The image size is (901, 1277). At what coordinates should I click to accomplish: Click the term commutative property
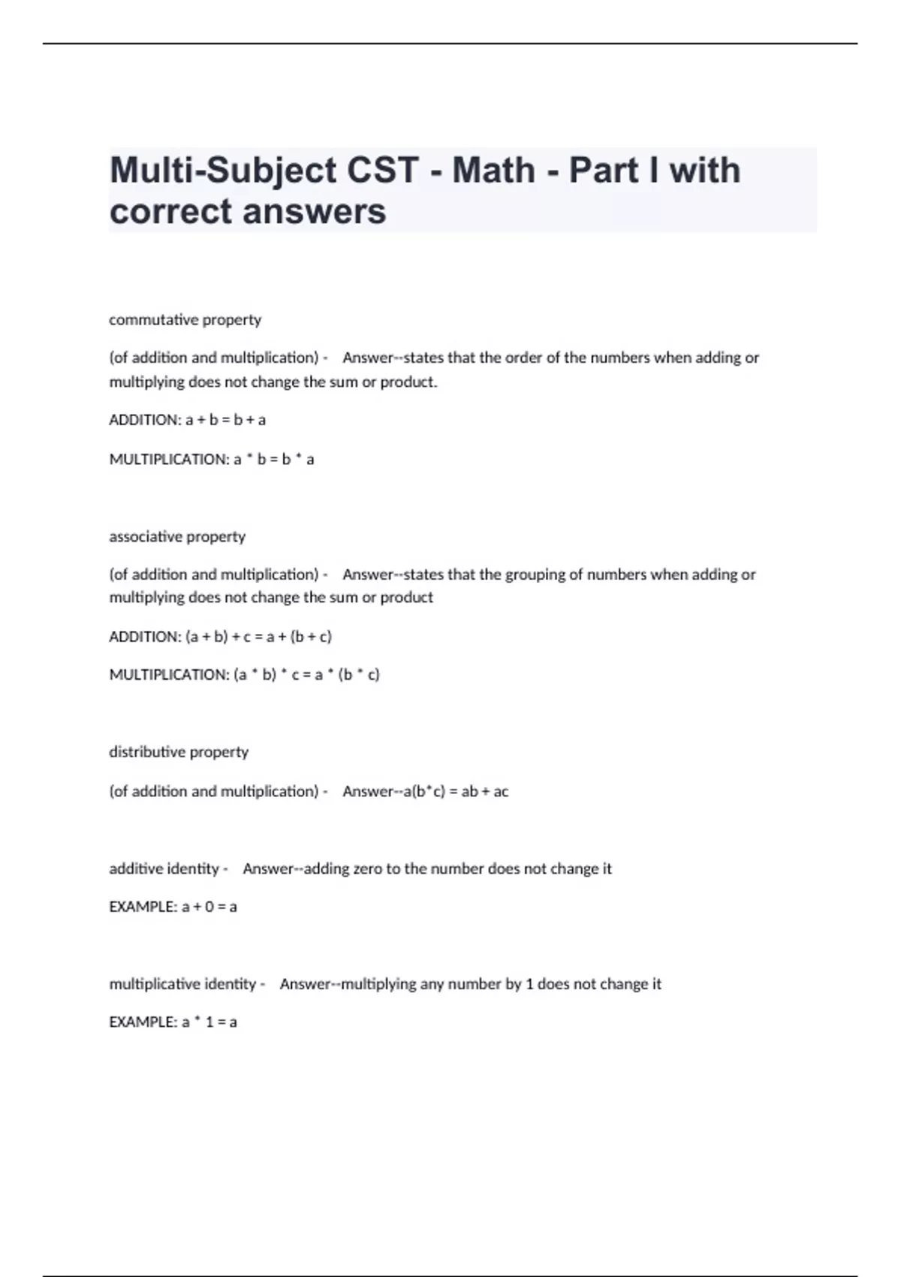click(x=185, y=320)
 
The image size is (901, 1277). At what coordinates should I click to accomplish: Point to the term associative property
click(x=177, y=536)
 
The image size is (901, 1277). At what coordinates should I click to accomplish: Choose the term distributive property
click(x=179, y=752)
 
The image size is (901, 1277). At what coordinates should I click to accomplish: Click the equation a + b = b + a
click(x=225, y=420)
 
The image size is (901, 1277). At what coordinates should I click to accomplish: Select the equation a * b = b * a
click(x=274, y=459)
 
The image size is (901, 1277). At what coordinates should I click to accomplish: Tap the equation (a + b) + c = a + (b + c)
click(x=258, y=636)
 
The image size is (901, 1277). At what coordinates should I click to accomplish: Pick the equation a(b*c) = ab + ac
click(x=456, y=791)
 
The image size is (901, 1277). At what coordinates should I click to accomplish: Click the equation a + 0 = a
click(x=209, y=907)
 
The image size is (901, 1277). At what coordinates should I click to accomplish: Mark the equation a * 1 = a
click(x=209, y=1022)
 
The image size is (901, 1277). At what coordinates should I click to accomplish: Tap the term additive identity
click(x=164, y=869)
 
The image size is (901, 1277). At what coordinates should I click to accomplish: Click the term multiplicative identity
click(x=182, y=984)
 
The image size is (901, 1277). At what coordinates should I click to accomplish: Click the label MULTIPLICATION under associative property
click(x=168, y=675)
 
